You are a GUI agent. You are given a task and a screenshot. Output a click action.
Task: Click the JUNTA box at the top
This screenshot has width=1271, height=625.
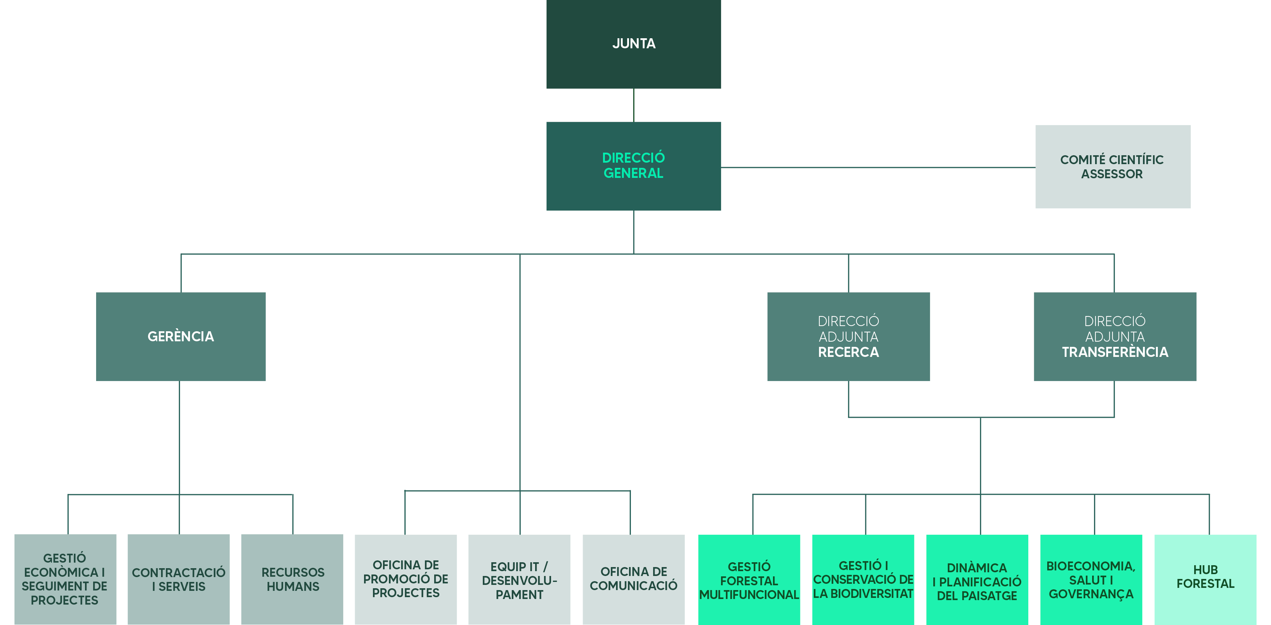(633, 44)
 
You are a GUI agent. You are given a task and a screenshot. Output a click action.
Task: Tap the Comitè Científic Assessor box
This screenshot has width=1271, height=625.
(1112, 166)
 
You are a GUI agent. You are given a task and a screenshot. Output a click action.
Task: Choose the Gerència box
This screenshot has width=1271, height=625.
(181, 336)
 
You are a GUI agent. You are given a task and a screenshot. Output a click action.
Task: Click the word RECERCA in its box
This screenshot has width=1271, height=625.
(848, 352)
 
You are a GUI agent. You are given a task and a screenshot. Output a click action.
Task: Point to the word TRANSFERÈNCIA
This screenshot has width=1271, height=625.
(1115, 352)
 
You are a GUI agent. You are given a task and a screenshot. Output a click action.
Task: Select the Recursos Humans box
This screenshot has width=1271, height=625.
(292, 579)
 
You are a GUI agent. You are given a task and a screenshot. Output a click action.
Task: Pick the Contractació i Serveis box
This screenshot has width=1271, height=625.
(178, 579)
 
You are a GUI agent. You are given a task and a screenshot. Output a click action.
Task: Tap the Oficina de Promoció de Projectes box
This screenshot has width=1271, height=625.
(406, 579)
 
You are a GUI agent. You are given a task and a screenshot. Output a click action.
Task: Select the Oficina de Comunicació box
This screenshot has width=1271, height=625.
(633, 579)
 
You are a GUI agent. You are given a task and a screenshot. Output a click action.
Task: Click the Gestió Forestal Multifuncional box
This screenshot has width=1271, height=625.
(749, 580)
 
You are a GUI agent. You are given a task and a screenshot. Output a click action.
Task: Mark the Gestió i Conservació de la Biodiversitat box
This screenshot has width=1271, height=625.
(863, 580)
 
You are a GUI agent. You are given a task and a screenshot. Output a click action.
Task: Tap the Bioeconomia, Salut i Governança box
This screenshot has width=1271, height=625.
(1091, 580)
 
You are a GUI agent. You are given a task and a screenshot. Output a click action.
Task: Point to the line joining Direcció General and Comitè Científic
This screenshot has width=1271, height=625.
(878, 167)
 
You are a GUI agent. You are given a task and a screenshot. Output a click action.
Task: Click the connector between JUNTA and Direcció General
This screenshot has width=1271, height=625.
(633, 105)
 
